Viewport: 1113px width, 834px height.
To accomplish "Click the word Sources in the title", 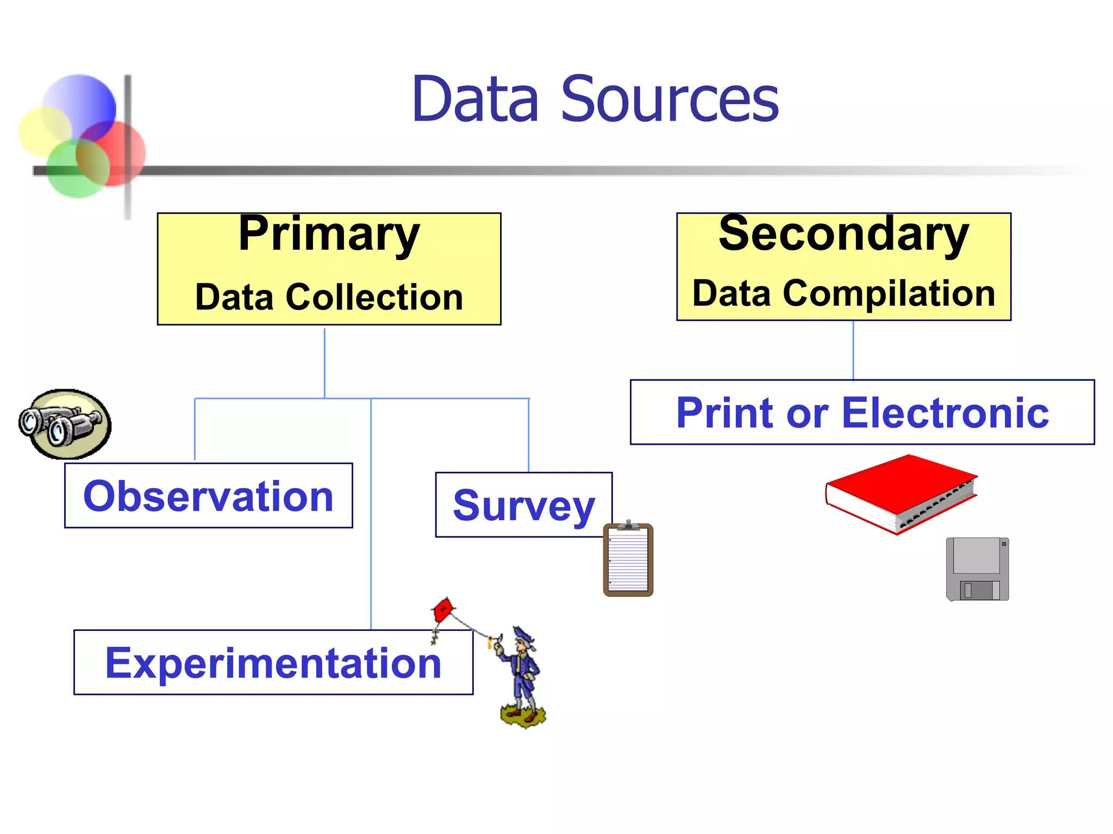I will point(670,99).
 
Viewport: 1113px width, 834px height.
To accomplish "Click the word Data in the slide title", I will point(476,99).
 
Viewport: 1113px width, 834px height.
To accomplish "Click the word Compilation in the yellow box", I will point(889,293).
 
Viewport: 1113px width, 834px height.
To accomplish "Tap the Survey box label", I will point(524,505).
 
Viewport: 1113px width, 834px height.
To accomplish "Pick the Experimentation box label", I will point(273,663).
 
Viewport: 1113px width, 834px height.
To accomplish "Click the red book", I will point(901,493).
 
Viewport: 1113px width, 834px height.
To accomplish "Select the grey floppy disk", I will point(977,569).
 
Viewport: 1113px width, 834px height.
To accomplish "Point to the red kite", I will point(443,611).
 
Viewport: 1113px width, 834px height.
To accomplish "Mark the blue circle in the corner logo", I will point(80,103).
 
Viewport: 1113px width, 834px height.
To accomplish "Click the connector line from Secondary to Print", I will point(853,350).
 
